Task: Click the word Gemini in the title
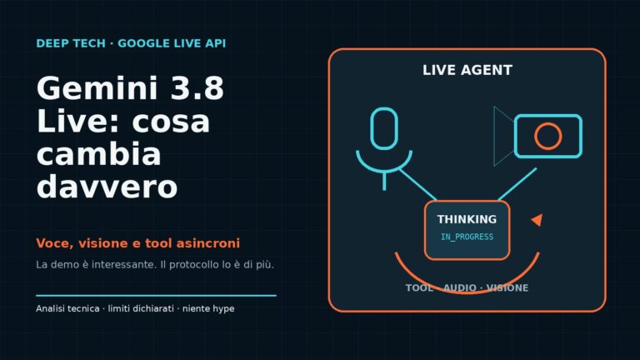97,88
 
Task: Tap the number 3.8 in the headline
197,88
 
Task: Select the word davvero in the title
107,187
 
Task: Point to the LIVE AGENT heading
467,70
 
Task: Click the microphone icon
384,129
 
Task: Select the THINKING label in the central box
467,219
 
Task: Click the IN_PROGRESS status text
467,237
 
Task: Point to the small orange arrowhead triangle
538,220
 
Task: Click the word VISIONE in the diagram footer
507,287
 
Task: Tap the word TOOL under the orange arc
419,287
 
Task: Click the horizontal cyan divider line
157,295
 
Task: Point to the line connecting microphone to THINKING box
417,185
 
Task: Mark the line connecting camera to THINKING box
517,184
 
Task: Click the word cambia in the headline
99,154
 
